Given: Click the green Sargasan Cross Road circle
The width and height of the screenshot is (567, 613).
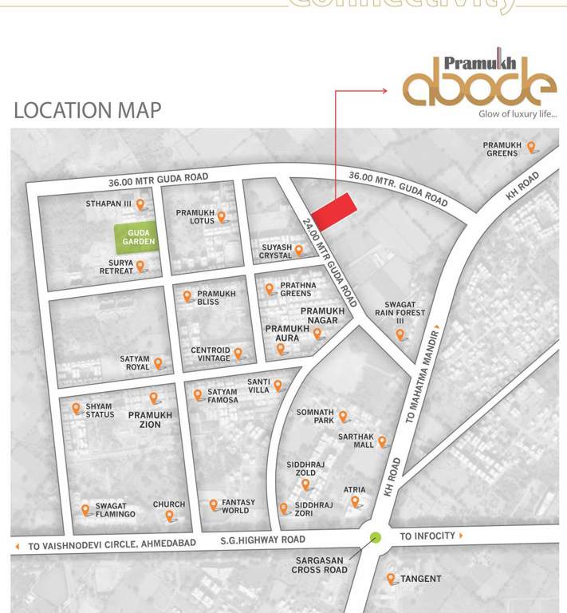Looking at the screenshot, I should [x=376, y=536].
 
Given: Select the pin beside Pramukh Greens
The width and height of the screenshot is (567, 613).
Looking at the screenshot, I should [x=531, y=148].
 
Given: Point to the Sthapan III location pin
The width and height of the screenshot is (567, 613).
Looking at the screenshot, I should [x=141, y=205].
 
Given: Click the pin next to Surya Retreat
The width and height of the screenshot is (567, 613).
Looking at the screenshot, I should [x=140, y=267].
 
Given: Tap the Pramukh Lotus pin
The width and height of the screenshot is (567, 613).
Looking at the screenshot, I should [x=222, y=216].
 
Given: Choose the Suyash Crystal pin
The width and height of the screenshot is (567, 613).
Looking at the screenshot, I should [x=299, y=251].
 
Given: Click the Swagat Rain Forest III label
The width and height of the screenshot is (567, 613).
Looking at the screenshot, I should [x=405, y=312].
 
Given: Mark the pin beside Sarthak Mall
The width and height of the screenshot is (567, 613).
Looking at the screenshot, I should [x=382, y=441].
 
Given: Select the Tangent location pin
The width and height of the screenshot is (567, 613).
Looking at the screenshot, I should [x=391, y=579].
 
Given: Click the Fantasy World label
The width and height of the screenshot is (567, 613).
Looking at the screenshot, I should [x=238, y=507].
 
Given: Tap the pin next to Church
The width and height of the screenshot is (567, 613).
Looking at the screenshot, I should [x=169, y=516].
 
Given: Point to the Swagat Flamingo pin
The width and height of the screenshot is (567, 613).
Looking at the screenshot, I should [x=85, y=510].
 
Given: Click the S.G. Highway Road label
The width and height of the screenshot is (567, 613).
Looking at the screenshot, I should [x=263, y=540].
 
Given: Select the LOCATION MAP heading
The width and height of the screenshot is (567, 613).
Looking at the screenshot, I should [x=87, y=110].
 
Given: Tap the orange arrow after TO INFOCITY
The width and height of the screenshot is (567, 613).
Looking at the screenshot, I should [x=461, y=536].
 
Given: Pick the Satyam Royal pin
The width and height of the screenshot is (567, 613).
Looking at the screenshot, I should [x=158, y=364].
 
